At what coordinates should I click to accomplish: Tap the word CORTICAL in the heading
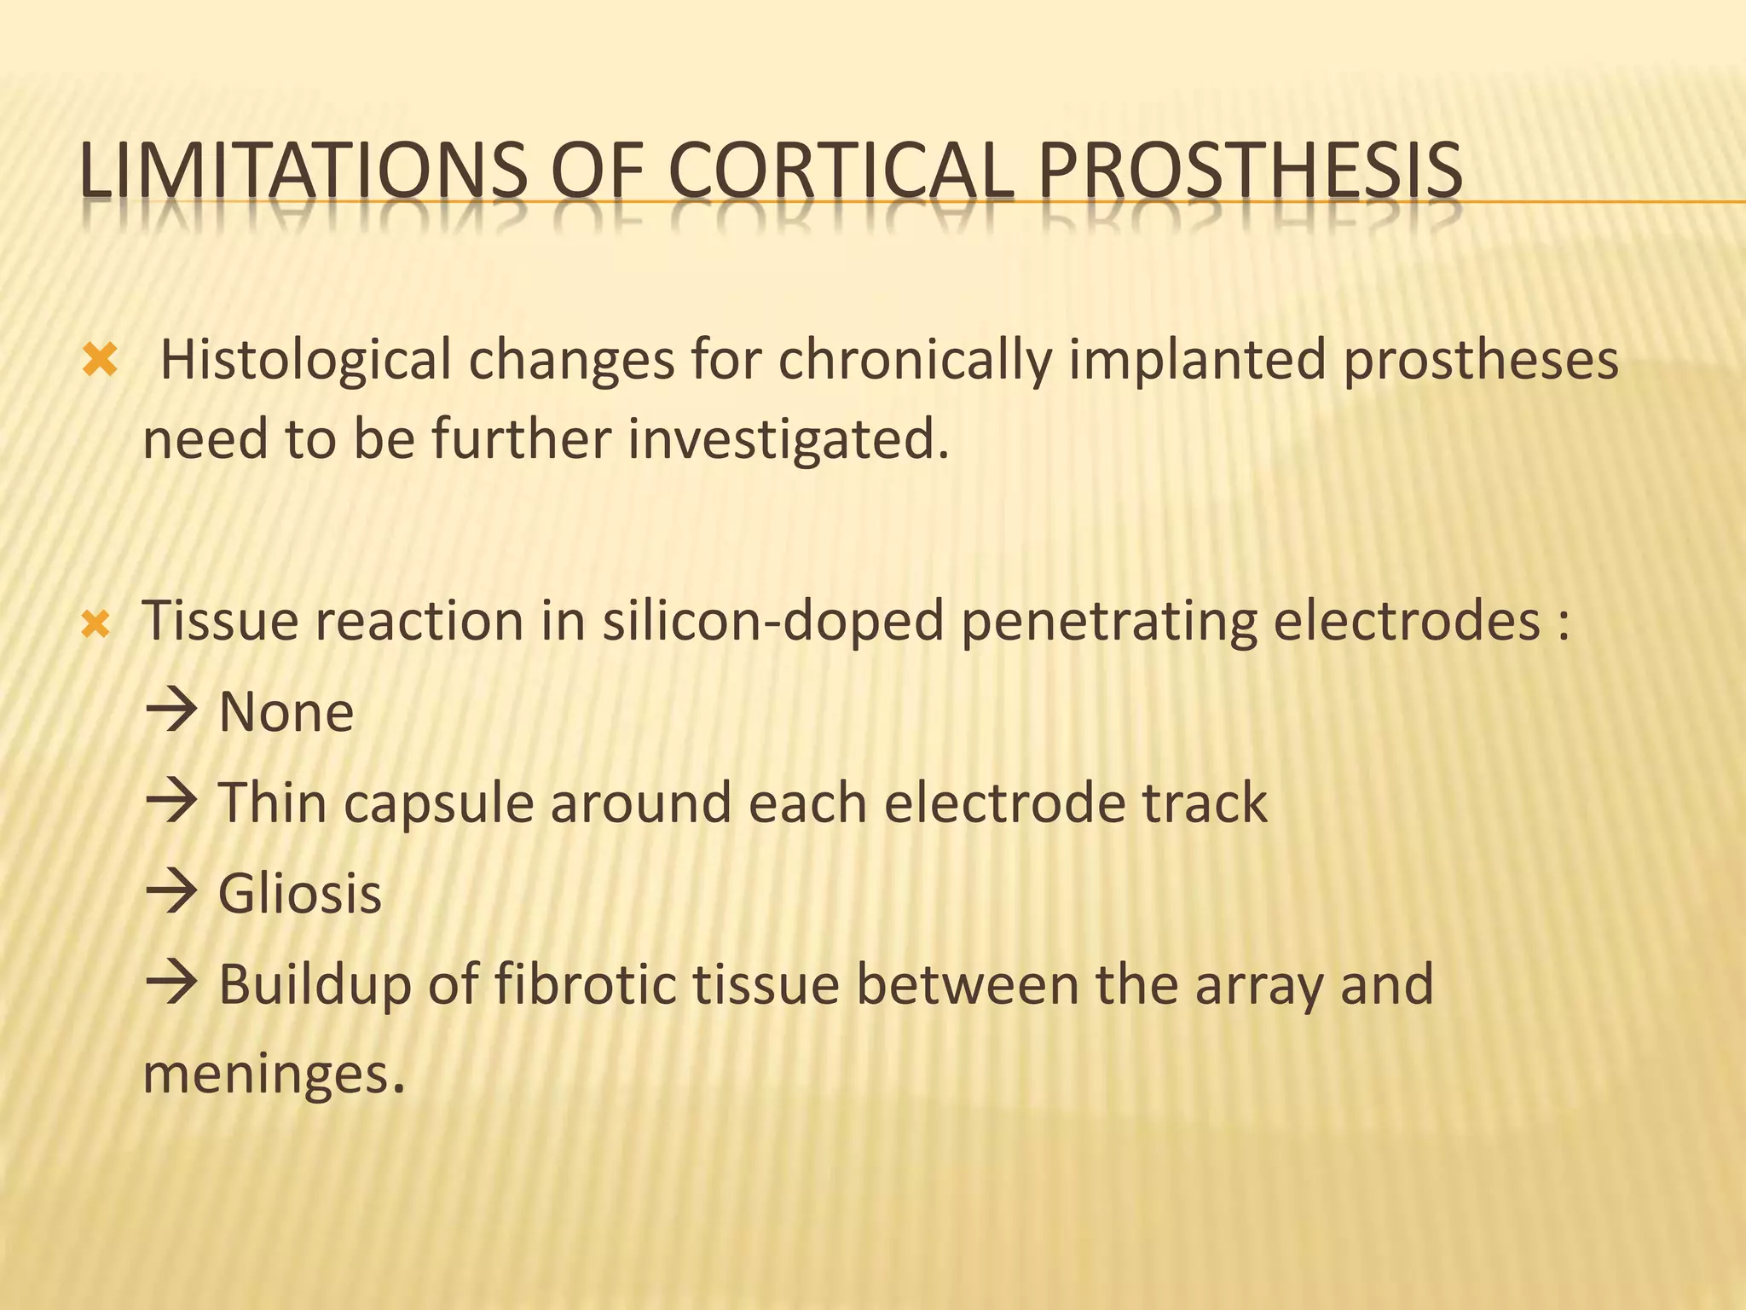coord(841,171)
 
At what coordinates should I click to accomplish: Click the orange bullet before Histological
coord(100,361)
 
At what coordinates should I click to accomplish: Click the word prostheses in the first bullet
coord(1480,361)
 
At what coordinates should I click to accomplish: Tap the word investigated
coord(788,440)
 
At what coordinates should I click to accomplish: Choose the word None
coord(286,712)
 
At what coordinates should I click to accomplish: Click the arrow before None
coord(171,710)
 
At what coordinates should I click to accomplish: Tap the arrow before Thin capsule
coord(171,802)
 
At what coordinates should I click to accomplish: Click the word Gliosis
coord(300,894)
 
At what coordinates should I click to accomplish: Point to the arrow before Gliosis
coord(171,894)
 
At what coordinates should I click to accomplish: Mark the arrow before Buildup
coord(171,983)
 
